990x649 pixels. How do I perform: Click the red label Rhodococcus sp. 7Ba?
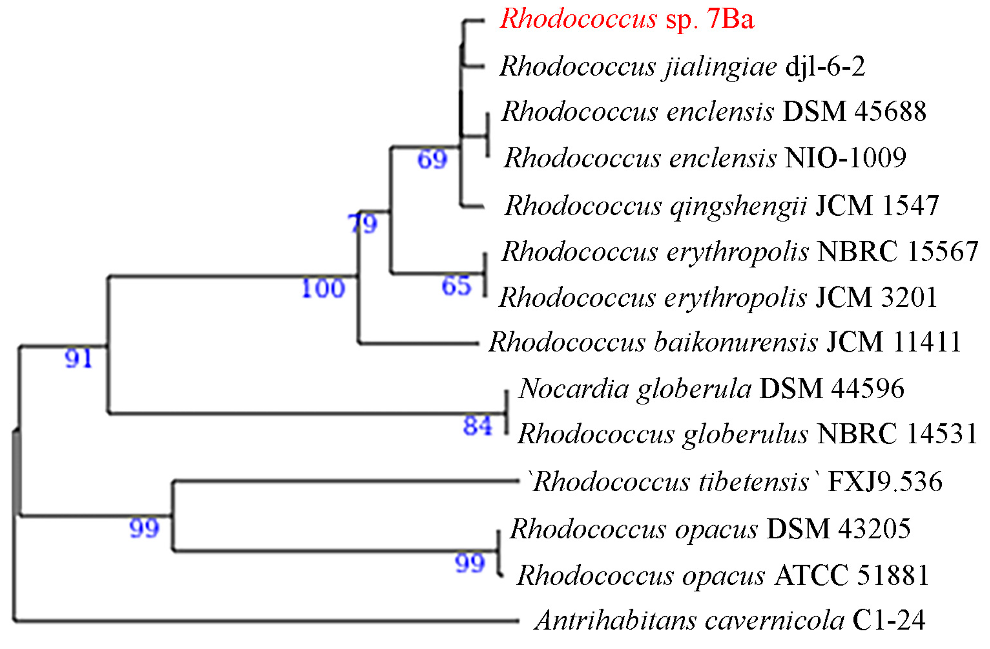coord(627,19)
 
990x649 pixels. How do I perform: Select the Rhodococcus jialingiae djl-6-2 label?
coord(682,67)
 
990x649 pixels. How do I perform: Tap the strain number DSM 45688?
coord(854,112)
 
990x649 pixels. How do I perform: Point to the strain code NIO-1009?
coord(845,158)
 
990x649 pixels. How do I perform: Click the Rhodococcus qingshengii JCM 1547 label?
coord(721,206)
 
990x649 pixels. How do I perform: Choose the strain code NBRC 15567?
coord(897,252)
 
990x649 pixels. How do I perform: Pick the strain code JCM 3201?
coord(876,297)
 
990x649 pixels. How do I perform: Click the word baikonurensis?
coord(736,342)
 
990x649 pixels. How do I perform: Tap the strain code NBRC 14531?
coord(896,434)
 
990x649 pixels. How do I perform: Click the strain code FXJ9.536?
coord(885,482)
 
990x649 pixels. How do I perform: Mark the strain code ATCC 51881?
coord(851,575)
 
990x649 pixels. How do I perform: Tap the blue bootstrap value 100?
coord(323,289)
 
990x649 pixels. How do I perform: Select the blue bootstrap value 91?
coord(78,358)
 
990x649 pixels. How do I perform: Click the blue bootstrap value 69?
coord(432,159)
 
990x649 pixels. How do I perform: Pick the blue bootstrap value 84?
coord(478,426)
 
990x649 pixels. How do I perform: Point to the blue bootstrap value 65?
coord(456,286)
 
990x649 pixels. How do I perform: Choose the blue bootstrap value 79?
coord(362,224)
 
